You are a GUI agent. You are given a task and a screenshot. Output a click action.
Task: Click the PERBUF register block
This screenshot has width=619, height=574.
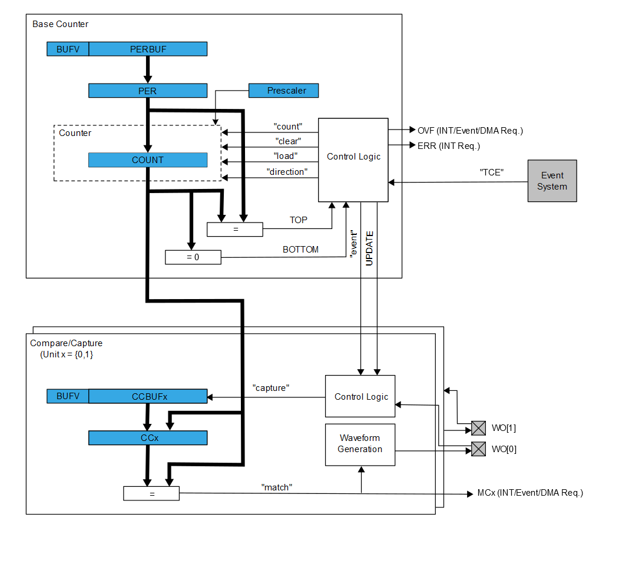click(x=148, y=49)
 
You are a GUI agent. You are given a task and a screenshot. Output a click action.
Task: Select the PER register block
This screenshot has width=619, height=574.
click(x=148, y=91)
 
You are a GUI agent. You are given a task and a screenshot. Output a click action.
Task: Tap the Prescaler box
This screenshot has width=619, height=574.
click(x=284, y=91)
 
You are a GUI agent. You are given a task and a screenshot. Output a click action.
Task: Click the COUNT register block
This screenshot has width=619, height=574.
click(x=148, y=160)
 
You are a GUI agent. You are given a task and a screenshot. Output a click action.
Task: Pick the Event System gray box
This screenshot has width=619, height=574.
click(x=552, y=181)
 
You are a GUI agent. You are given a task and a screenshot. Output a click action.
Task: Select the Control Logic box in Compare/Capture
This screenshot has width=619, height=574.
click(x=360, y=396)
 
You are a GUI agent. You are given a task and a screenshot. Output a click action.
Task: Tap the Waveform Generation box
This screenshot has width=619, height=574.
click(x=360, y=444)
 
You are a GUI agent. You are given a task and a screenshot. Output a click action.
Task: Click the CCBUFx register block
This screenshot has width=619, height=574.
click(x=148, y=396)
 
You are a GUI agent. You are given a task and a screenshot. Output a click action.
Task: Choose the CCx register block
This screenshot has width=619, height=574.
click(x=148, y=438)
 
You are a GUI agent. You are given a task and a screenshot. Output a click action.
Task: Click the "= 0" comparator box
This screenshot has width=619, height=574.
click(x=193, y=257)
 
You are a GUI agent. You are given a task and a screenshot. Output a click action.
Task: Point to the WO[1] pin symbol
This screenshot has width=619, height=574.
click(x=478, y=428)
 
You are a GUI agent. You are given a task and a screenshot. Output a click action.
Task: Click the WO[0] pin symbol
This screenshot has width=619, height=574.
click(x=478, y=449)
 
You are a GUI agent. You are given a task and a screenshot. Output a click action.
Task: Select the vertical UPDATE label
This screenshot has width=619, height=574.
click(x=369, y=248)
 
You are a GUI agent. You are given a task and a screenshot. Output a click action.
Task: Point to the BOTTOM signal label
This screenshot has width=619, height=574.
click(x=300, y=250)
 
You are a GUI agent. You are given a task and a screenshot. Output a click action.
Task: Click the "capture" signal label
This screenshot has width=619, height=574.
click(x=270, y=388)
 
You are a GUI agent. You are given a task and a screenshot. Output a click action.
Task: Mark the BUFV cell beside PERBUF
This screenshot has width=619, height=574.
click(x=68, y=49)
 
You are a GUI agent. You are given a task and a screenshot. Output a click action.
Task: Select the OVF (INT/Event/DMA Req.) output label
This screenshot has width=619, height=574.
click(x=470, y=131)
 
